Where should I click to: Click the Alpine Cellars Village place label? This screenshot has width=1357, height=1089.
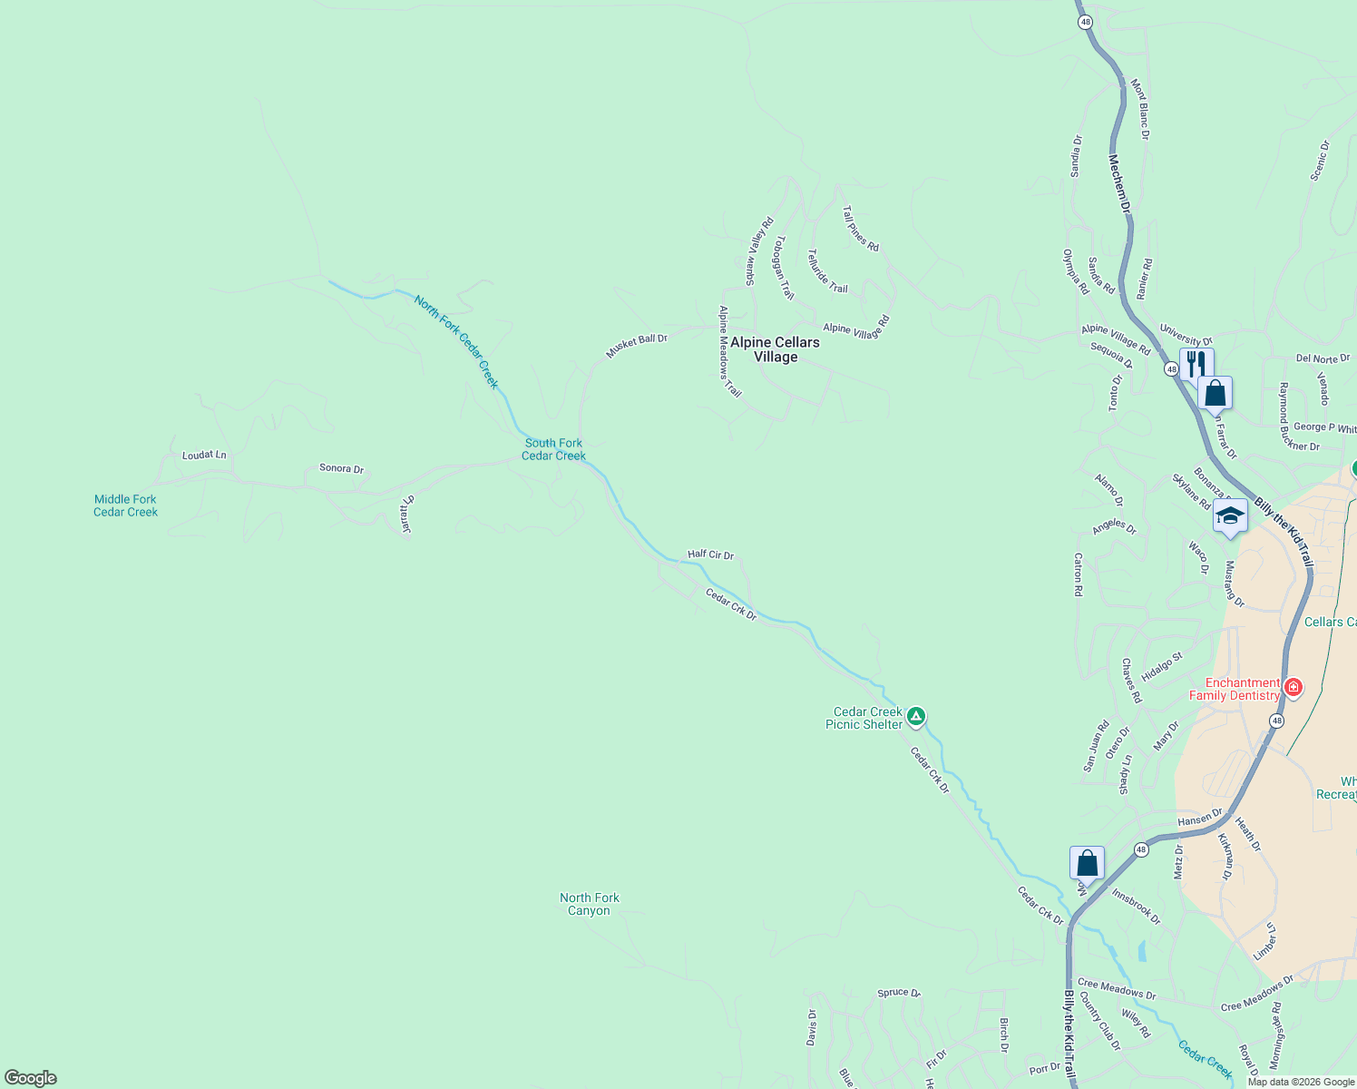[x=775, y=349]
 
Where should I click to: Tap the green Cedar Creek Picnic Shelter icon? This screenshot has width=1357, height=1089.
[x=916, y=718]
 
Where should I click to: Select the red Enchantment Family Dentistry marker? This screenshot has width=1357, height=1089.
[x=1294, y=688]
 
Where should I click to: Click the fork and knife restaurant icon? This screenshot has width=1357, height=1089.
[x=1196, y=364]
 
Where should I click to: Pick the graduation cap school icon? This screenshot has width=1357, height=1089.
[x=1229, y=516]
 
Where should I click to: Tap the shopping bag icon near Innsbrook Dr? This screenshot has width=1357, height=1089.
[x=1087, y=864]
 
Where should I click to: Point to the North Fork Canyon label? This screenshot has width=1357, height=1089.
[x=590, y=904]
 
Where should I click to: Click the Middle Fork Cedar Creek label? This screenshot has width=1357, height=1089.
[x=125, y=505]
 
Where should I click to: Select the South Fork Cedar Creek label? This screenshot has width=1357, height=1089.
[x=553, y=449]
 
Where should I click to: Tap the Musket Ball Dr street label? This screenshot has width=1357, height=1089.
[x=637, y=346]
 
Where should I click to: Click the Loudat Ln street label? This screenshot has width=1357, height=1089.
[x=204, y=455]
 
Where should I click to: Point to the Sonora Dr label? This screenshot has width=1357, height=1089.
[x=341, y=468]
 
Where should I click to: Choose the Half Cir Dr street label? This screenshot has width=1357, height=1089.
[x=710, y=554]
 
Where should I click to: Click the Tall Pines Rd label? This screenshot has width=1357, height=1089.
[x=860, y=228]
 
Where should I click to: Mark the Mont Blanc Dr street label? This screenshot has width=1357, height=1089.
[x=1139, y=109]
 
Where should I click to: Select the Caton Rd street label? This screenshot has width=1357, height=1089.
[x=1078, y=574]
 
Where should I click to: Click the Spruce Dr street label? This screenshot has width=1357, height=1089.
[x=898, y=993]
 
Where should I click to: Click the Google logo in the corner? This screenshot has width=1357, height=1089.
[x=31, y=1078]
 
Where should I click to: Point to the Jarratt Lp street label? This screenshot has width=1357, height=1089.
[x=407, y=514]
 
